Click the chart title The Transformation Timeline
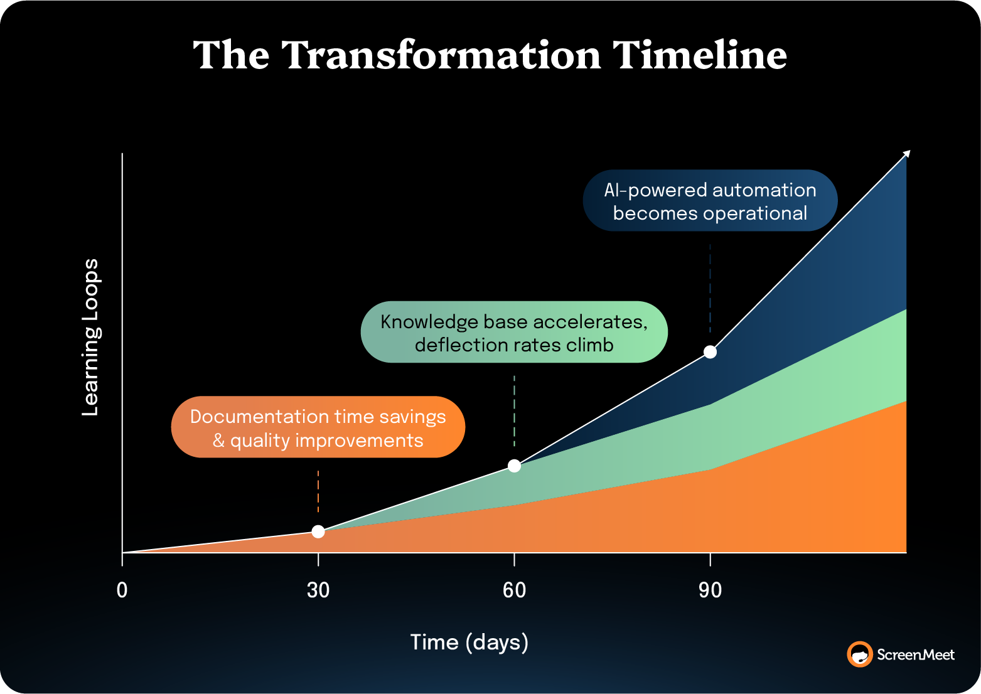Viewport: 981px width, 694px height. point(490,55)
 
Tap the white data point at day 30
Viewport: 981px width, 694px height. point(318,531)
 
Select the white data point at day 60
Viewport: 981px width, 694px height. point(514,466)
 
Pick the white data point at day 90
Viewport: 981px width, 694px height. point(710,352)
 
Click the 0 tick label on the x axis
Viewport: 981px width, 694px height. point(122,590)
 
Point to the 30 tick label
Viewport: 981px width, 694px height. point(318,590)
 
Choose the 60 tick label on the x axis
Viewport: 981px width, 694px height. point(514,590)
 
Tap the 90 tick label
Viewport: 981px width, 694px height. point(710,590)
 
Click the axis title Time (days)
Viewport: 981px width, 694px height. point(469,643)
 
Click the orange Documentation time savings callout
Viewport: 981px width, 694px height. point(318,427)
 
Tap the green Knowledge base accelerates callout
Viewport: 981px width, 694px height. point(514,333)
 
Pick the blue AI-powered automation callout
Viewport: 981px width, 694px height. point(710,201)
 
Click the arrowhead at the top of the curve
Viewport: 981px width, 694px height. point(906,154)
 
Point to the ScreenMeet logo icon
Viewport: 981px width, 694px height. point(859,654)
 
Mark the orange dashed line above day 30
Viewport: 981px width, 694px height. point(318,492)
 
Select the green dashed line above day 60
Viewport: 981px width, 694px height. point(514,411)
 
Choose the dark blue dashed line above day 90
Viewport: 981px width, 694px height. point(710,289)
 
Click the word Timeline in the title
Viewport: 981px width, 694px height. point(699,55)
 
